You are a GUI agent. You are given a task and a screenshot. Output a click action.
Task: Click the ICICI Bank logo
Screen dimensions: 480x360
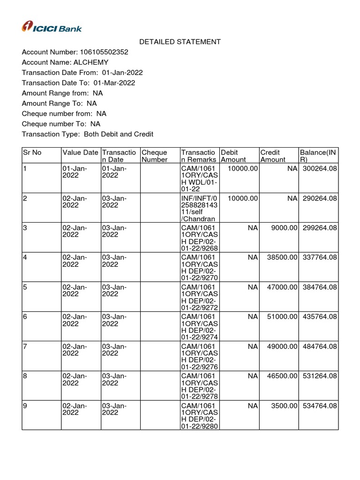tap(52, 27)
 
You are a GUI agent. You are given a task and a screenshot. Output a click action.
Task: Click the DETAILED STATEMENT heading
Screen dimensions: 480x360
tap(180, 42)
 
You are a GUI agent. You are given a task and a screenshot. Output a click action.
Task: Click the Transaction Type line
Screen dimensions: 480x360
tap(88, 135)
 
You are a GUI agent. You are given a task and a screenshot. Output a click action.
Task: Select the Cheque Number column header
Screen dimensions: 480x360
tap(154, 156)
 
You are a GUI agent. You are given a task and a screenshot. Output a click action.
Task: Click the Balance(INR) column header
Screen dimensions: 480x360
tap(318, 156)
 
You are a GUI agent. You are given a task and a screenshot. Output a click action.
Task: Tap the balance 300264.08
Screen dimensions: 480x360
tap(320, 168)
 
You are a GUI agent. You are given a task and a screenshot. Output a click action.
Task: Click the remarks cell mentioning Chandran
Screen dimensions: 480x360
tap(199, 209)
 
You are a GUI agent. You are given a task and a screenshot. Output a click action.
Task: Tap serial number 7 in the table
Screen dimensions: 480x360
tap(25, 346)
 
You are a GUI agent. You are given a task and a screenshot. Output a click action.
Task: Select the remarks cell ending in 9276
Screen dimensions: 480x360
tap(199, 356)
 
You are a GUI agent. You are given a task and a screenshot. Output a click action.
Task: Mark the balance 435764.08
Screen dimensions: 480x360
tap(320, 317)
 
